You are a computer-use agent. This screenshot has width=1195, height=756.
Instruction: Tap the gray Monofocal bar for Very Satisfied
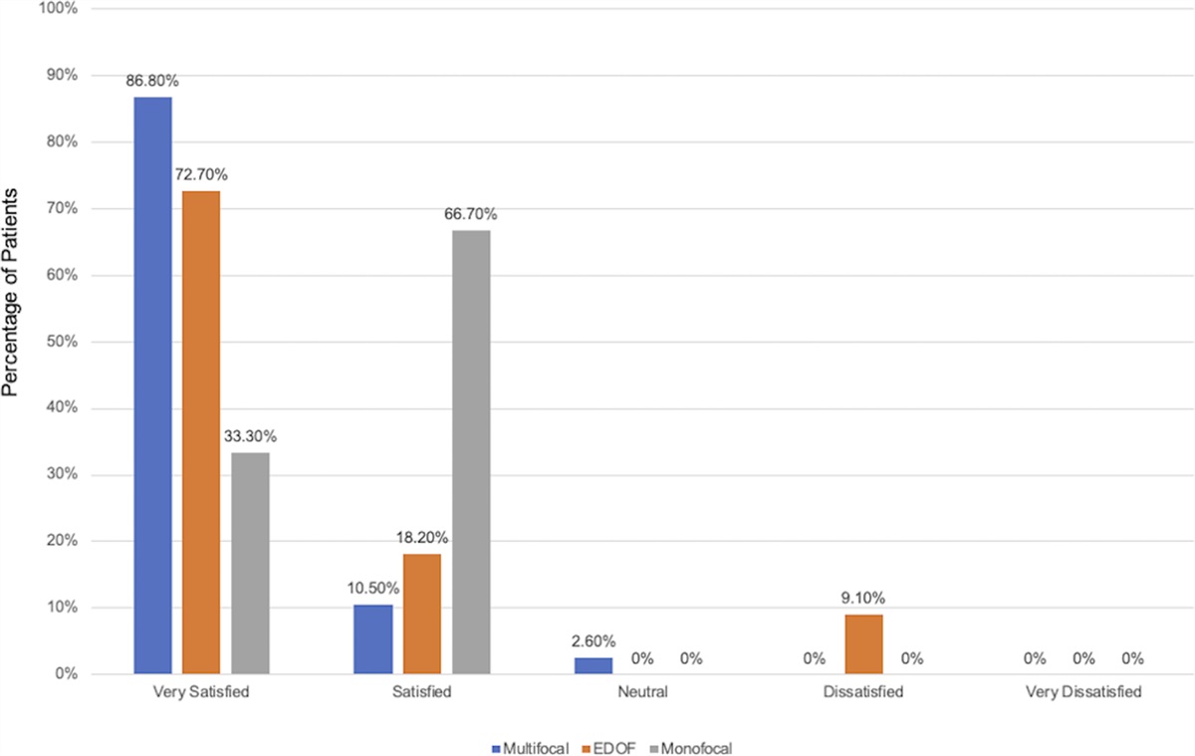pyautogui.click(x=250, y=563)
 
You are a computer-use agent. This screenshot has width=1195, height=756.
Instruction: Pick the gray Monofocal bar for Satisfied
pyautogui.click(x=471, y=452)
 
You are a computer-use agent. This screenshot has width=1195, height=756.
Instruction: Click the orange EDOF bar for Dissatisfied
pyautogui.click(x=862, y=644)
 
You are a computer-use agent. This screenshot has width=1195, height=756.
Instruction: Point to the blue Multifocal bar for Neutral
pyautogui.click(x=594, y=665)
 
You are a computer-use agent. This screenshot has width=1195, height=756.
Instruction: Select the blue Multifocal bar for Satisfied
pyautogui.click(x=373, y=639)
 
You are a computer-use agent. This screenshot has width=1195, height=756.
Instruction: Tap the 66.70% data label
pyautogui.click(x=471, y=214)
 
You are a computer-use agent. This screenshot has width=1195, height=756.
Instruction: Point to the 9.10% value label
pyautogui.click(x=862, y=598)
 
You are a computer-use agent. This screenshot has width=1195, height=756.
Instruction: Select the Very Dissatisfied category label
pyautogui.click(x=1082, y=690)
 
